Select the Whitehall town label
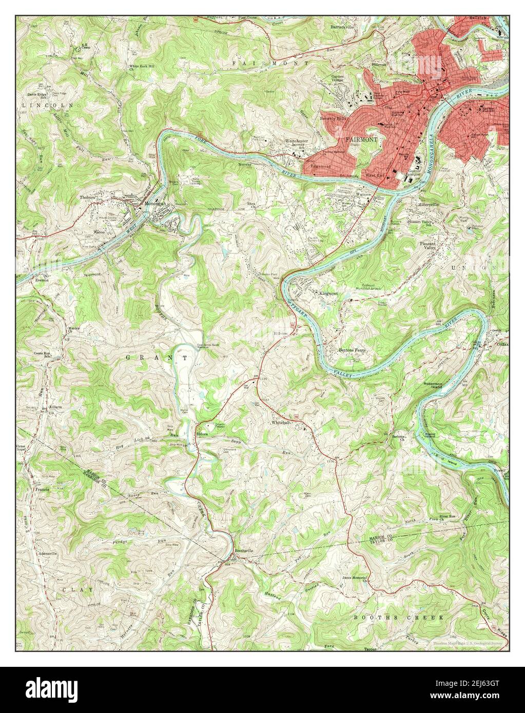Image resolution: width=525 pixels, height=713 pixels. [281, 422]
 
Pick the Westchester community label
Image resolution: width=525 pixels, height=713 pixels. [297, 141]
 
